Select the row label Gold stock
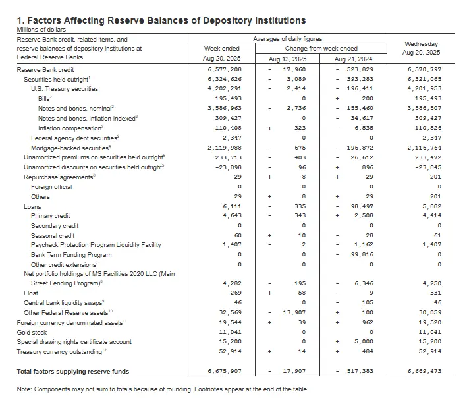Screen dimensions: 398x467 (x=32, y=333)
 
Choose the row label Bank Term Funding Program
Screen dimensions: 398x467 (x=71, y=254)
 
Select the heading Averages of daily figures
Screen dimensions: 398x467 (x=288, y=40)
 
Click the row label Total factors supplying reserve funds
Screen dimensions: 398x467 (x=74, y=372)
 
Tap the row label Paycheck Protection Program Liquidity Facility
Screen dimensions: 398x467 (x=96, y=244)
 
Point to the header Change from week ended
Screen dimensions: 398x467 (x=321, y=49)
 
